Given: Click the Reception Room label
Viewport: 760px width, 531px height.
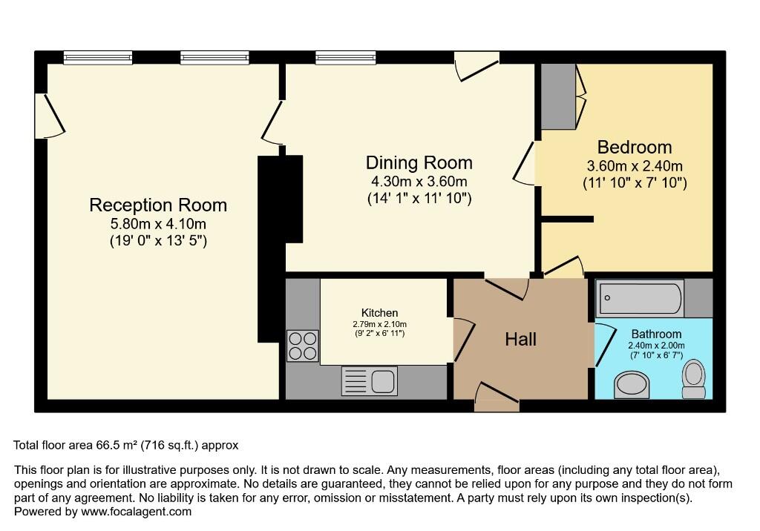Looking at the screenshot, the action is pyautogui.click(x=158, y=205).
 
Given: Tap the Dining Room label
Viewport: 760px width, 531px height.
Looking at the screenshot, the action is pyautogui.click(x=419, y=163).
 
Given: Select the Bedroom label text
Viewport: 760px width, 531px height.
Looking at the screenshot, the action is pyautogui.click(x=635, y=147).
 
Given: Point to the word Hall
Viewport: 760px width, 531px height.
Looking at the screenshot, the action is pyautogui.click(x=520, y=339).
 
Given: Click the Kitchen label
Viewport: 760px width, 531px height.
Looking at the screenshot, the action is pyautogui.click(x=379, y=313).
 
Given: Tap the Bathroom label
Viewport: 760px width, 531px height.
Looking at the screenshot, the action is pyautogui.click(x=656, y=334).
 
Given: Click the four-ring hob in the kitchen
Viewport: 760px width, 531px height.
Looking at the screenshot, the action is pyautogui.click(x=303, y=346).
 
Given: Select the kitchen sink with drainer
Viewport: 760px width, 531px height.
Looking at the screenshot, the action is pyautogui.click(x=370, y=380).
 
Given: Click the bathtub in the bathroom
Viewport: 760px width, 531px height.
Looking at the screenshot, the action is pyautogui.click(x=640, y=298).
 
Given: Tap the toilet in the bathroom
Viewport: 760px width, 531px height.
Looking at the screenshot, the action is pyautogui.click(x=694, y=379).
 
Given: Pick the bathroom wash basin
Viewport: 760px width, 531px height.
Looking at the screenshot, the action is pyautogui.click(x=631, y=385).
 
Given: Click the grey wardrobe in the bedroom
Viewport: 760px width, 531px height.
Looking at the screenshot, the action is pyautogui.click(x=558, y=96).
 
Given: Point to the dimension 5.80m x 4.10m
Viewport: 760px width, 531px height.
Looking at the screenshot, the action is pyautogui.click(x=159, y=224).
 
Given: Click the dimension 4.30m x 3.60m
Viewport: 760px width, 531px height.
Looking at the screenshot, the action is pyautogui.click(x=419, y=182).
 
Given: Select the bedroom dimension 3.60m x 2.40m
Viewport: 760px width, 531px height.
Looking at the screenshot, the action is pyautogui.click(x=635, y=166).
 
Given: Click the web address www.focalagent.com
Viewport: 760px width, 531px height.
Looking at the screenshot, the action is pyautogui.click(x=137, y=512).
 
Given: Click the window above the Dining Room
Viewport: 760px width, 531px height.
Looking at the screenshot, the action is pyautogui.click(x=346, y=58).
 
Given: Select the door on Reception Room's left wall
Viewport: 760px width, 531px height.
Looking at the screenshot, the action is pyautogui.click(x=50, y=115).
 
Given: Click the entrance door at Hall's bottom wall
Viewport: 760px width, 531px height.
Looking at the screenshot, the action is pyautogui.click(x=497, y=398).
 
